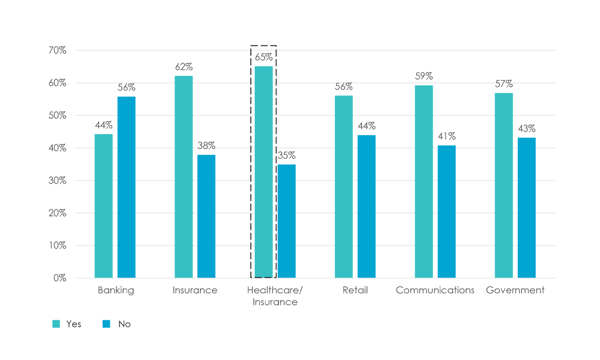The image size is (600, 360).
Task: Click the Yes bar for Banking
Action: [103, 206]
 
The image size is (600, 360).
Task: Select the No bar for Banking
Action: [126, 187]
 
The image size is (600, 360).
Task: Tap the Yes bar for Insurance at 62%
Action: [184, 176]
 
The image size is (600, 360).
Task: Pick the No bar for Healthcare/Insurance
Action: [286, 221]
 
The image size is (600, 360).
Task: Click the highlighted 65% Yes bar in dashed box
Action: [263, 172]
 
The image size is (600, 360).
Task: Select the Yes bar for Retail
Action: [344, 187]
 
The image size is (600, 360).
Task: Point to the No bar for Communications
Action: [446, 211]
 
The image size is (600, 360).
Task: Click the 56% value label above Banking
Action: [126, 87]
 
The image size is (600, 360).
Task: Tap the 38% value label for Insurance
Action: [206, 146]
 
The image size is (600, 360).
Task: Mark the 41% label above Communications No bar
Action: [446, 136]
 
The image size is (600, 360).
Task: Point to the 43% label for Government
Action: [527, 128]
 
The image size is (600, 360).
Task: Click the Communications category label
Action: [435, 290]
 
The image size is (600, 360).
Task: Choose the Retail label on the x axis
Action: [355, 290]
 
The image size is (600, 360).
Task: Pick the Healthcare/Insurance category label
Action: [275, 296]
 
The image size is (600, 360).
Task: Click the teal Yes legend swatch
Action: [56, 324]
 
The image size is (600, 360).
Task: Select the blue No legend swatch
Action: [106, 324]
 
